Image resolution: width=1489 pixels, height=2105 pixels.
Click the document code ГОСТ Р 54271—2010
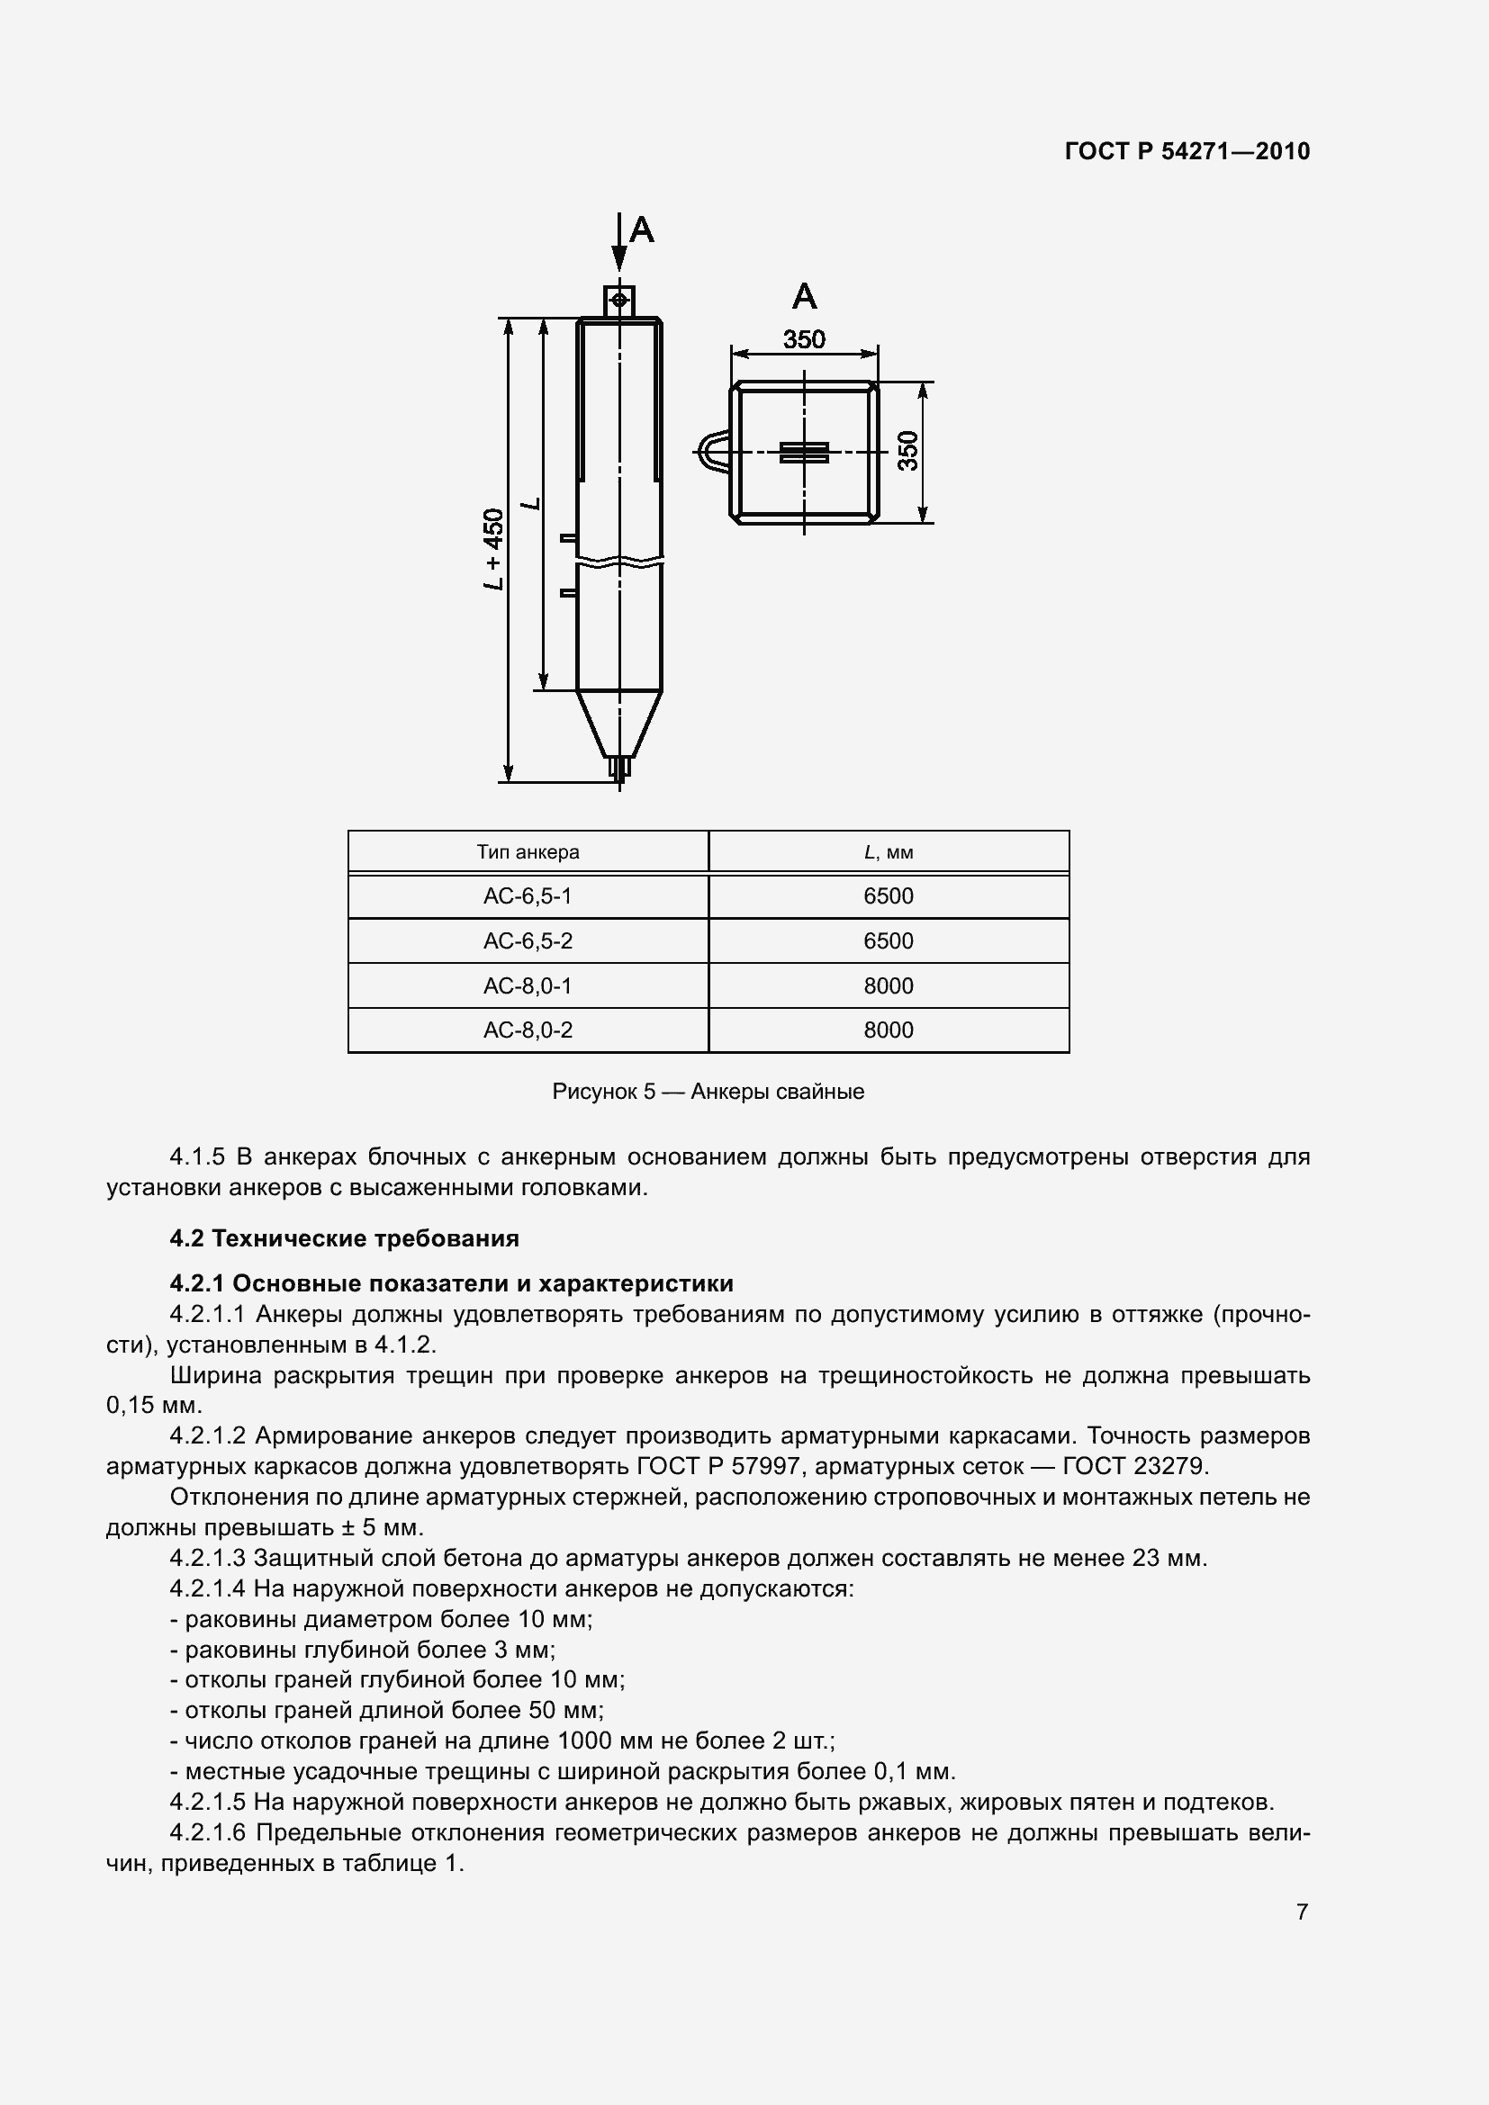coord(1187,151)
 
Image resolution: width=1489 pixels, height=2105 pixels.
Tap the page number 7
coord(1302,1912)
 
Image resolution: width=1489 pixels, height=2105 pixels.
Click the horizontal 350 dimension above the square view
coord(804,339)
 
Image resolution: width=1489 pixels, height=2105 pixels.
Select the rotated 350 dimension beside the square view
coord(907,451)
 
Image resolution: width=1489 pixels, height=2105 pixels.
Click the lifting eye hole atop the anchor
coord(619,300)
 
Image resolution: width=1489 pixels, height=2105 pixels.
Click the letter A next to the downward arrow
coord(642,229)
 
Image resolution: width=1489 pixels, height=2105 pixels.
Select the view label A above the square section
coord(804,295)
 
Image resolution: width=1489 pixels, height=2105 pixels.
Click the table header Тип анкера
coord(528,851)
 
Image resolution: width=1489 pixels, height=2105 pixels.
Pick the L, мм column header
coord(888,851)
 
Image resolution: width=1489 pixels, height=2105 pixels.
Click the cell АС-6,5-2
coord(528,940)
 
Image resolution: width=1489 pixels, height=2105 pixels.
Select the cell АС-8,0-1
coord(528,985)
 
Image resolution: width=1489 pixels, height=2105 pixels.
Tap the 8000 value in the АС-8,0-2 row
coord(888,1030)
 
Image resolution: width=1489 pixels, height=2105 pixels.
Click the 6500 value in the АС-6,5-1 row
coord(888,895)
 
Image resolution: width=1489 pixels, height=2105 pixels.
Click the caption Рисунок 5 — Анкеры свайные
coord(708,1091)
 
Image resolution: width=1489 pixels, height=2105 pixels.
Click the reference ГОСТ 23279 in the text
coord(1135,1466)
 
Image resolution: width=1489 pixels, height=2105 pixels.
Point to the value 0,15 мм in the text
coord(153,1406)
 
